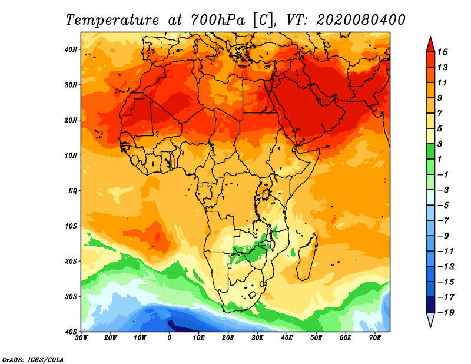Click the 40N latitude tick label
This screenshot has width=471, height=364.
[71, 49]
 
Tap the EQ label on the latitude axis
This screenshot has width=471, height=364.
[72, 191]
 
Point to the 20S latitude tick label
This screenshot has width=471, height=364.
[71, 261]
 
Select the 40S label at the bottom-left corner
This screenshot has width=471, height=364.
[71, 332]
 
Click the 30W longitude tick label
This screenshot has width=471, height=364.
[81, 338]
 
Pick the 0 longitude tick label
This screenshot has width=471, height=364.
[170, 338]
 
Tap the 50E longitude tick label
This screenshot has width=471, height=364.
[316, 338]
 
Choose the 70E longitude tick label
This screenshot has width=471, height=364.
[375, 338]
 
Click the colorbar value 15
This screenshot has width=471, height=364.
[442, 52]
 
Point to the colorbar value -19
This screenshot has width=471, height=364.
[446, 313]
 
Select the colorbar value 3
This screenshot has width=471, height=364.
[440, 144]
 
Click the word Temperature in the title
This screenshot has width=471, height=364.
[112, 20]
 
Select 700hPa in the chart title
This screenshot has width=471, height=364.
[218, 20]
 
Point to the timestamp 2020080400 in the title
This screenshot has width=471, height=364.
[361, 20]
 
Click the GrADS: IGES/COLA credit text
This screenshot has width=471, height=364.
[33, 359]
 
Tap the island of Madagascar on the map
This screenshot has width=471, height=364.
[307, 257]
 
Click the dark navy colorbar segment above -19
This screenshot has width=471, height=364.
[430, 305]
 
